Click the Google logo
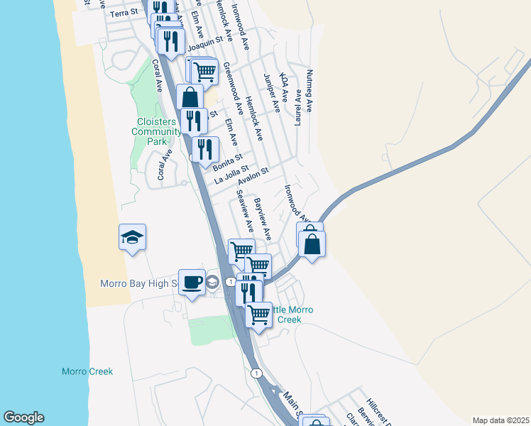coord(23,417)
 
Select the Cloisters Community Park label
coord(157,131)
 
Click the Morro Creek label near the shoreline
coord(87,371)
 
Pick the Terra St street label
coord(123,13)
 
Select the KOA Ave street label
coord(284,87)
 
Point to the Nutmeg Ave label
coord(309,84)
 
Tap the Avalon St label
coord(253,175)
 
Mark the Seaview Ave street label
coord(245,210)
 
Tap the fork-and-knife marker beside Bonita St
coord(206,149)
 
